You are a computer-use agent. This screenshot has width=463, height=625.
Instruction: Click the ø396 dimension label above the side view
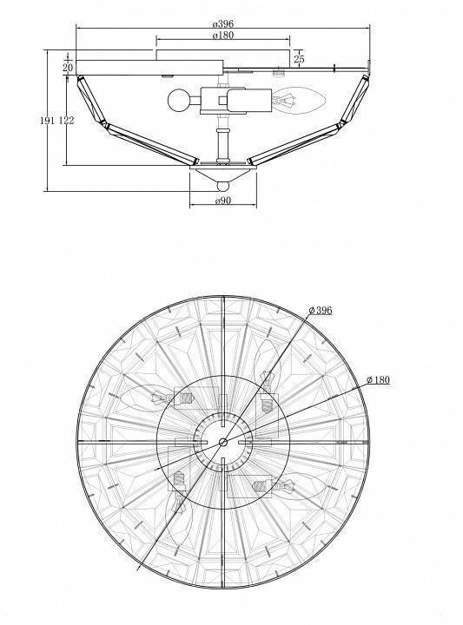click(223, 24)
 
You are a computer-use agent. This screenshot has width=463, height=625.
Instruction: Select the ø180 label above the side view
click(223, 35)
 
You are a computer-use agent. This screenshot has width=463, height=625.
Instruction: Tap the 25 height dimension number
click(299, 59)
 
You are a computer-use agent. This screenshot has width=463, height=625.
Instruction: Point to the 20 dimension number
click(68, 68)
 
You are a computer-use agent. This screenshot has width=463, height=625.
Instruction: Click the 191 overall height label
click(48, 120)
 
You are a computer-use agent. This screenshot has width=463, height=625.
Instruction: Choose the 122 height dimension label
click(67, 120)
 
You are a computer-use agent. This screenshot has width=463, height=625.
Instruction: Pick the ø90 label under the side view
click(223, 201)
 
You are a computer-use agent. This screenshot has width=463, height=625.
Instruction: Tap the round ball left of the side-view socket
click(178, 101)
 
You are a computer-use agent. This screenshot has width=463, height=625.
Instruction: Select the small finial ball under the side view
click(223, 186)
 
